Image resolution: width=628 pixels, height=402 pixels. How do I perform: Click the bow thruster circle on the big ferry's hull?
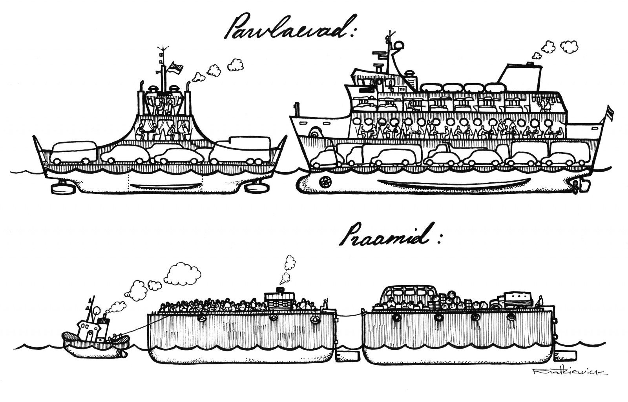pyautogui.click(x=325, y=181)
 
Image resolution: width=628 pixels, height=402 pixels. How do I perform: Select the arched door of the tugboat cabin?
pyautogui.click(x=90, y=335)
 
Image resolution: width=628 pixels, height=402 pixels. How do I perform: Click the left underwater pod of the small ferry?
pyautogui.click(x=60, y=187)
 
